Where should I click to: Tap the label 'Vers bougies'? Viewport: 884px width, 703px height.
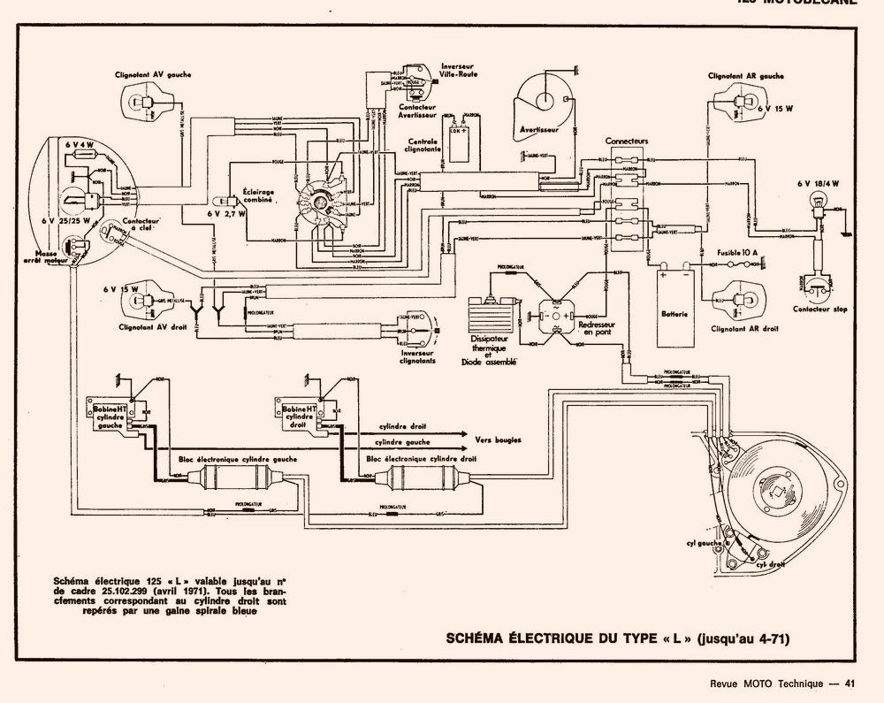(498, 439)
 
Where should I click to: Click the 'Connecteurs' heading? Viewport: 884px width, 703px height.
(627, 141)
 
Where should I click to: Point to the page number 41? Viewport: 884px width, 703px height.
(850, 682)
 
